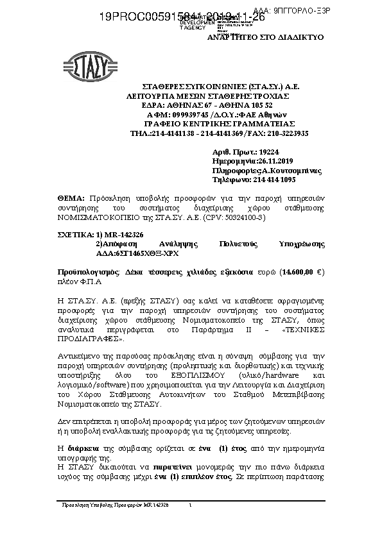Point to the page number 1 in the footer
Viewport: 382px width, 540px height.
pos(191,524)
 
